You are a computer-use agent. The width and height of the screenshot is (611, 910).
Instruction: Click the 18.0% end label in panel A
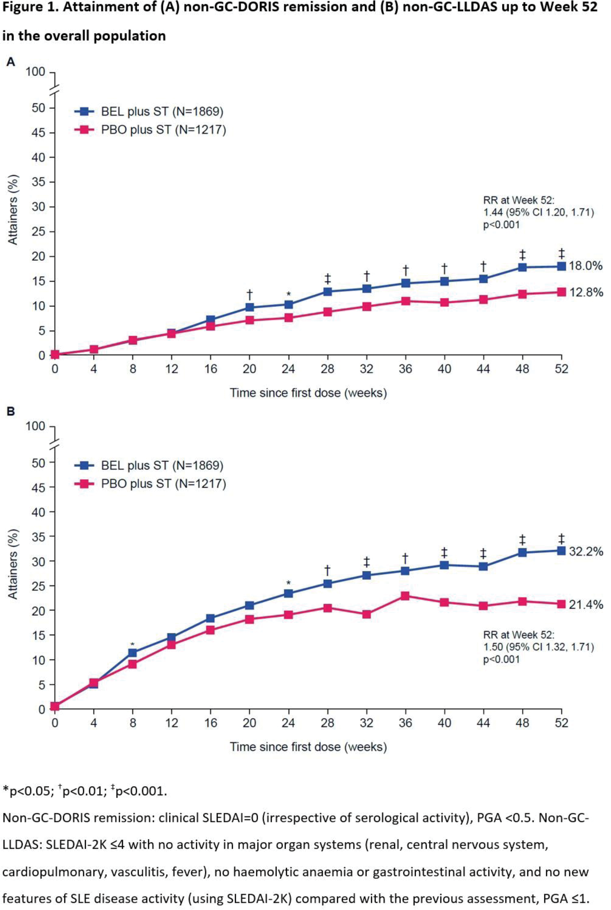click(586, 266)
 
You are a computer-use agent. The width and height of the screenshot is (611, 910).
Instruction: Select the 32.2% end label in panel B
click(586, 551)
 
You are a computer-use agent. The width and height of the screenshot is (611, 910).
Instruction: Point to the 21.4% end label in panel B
click(586, 605)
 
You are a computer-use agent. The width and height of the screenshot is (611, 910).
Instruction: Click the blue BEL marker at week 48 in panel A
click(522, 267)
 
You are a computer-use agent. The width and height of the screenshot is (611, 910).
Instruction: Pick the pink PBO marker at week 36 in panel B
click(405, 596)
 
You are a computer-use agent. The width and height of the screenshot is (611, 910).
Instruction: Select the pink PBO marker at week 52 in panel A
click(561, 292)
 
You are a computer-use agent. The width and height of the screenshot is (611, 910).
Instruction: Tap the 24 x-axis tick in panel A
click(288, 369)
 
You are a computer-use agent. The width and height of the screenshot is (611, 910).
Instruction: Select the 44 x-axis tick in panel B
click(483, 723)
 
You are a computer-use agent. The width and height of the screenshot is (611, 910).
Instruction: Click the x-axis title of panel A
click(308, 392)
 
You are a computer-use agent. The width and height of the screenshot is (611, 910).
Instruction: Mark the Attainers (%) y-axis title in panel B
click(13, 564)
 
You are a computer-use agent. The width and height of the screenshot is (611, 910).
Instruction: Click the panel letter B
click(11, 412)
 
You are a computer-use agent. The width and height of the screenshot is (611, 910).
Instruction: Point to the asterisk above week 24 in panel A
click(288, 294)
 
